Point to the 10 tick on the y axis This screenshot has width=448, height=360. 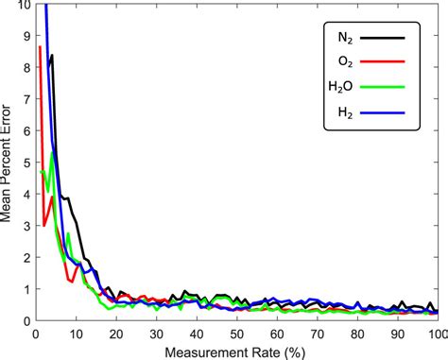point(24,5)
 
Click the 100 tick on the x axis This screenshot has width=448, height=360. point(436,333)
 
